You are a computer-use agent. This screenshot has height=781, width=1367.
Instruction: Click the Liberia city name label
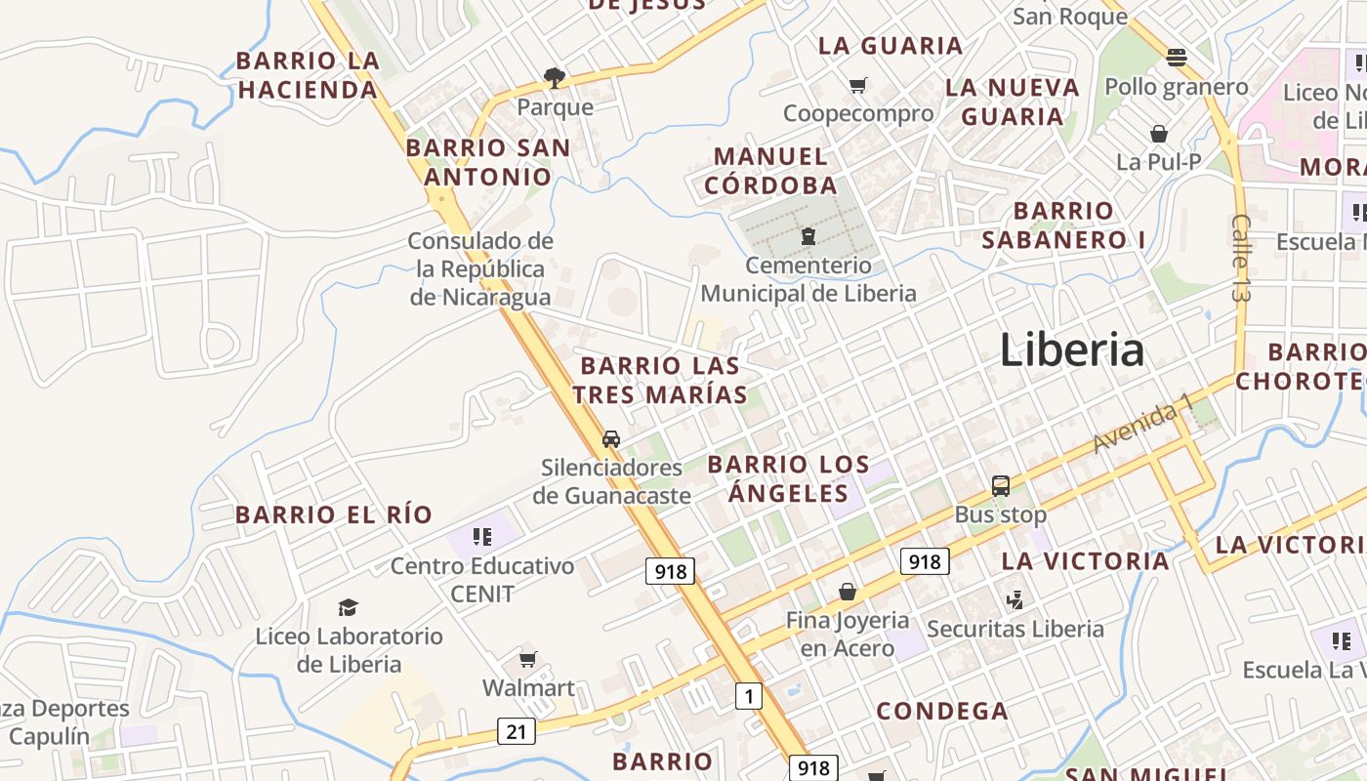tap(1071, 349)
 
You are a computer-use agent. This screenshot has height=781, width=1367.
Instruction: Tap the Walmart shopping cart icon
tap(528, 659)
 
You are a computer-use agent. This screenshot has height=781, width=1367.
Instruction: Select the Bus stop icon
tap(1001, 485)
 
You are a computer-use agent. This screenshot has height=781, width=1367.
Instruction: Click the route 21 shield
tap(516, 730)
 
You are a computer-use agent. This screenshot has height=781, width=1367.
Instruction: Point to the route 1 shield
tap(748, 696)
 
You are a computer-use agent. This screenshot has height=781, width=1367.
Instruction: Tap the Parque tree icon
tap(555, 77)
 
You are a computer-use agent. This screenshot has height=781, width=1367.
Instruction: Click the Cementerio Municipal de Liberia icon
tap(808, 235)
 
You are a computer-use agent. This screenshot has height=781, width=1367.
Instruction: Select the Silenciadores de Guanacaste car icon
tap(611, 438)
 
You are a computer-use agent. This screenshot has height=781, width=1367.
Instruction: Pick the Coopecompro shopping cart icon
tap(857, 85)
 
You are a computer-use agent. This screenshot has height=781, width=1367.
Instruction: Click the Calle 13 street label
tap(1242, 257)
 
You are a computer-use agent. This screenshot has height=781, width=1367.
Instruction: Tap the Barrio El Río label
tap(334, 514)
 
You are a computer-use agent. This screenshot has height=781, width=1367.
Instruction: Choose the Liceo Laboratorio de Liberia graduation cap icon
tap(349, 607)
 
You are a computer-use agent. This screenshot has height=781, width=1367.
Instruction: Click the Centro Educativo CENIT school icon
tap(481, 536)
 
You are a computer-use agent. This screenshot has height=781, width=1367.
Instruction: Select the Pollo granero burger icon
tap(1176, 57)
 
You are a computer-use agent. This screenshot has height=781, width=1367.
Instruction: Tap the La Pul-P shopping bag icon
tap(1159, 133)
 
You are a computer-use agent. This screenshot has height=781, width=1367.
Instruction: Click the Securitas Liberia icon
tap(1015, 599)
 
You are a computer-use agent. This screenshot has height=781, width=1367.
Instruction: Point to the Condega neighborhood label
tap(941, 711)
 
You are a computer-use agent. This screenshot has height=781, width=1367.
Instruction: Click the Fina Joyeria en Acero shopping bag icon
tap(848, 592)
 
